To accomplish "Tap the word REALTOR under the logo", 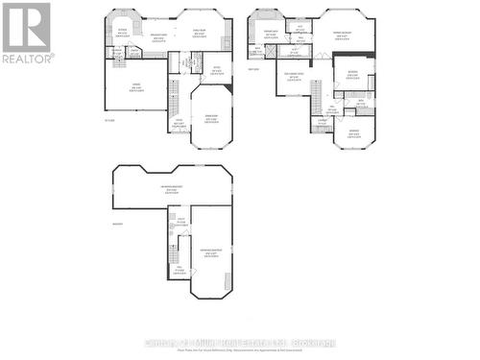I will [x=26, y=59].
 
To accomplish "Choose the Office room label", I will [x=217, y=69].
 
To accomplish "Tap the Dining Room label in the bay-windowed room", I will [x=210, y=117].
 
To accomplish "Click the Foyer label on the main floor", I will [x=178, y=124].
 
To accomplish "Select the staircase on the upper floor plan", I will [x=315, y=95].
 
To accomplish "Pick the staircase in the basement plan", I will [x=174, y=252].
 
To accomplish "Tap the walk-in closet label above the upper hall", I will [x=300, y=30].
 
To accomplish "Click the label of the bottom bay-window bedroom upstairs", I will [x=353, y=133].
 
